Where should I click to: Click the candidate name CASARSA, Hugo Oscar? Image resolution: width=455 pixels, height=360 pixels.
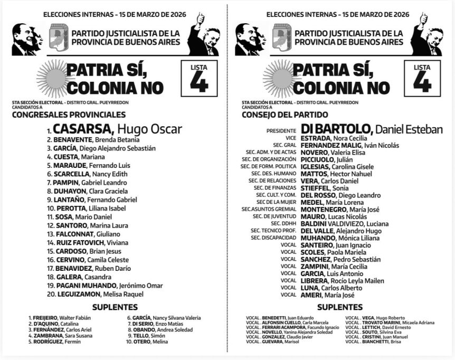coord(117,129)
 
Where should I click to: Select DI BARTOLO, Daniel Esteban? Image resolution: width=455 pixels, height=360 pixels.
coord(371,129)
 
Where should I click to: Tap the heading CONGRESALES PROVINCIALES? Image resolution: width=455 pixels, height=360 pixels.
coord(69,115)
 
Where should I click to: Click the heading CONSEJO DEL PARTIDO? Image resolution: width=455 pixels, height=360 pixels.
coord(285,115)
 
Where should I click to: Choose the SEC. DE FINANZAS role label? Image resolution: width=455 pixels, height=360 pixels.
coord(274,187)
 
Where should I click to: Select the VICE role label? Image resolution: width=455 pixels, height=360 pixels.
coord(291,138)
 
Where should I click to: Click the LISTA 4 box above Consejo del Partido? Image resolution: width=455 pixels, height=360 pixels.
coord(422,78)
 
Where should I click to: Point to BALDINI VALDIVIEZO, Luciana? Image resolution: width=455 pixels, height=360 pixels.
coord(344,223)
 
